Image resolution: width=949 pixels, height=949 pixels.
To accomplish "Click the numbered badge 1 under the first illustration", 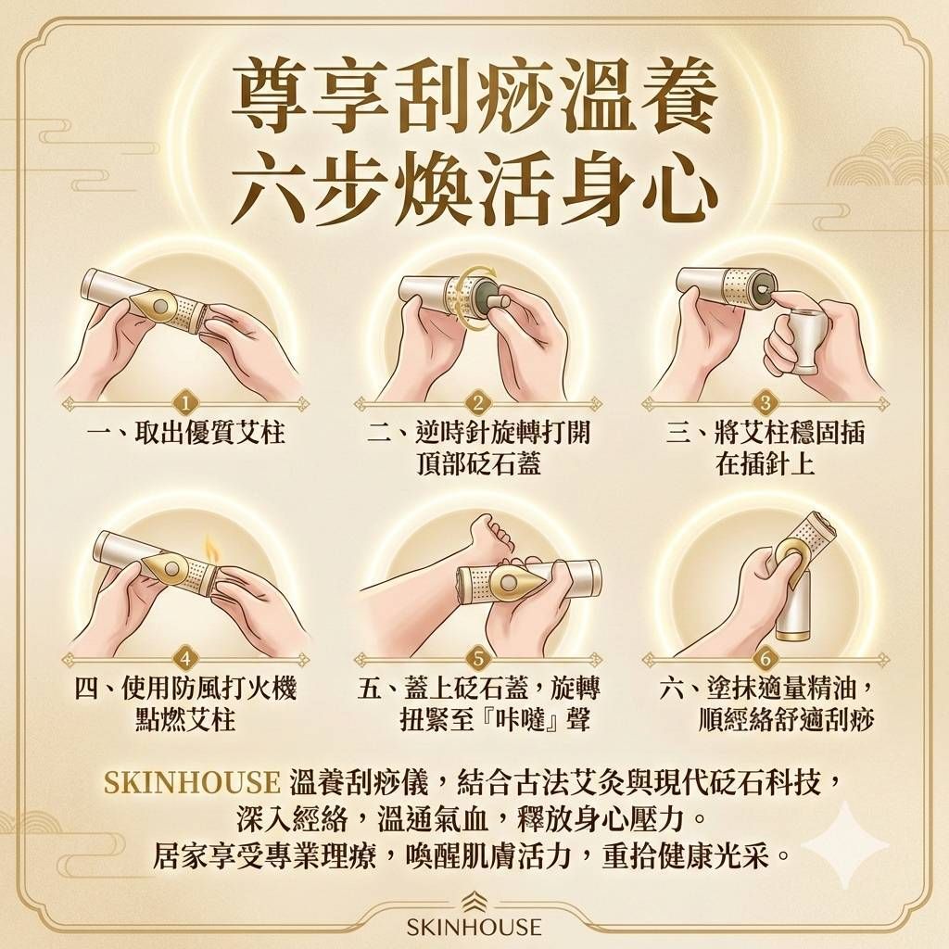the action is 187,403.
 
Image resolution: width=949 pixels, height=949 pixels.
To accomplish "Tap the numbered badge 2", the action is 477,403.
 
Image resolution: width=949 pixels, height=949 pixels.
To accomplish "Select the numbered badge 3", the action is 765,403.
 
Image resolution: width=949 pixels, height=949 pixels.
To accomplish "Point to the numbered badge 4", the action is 187,659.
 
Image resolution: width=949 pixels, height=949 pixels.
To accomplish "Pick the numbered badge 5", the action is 477,659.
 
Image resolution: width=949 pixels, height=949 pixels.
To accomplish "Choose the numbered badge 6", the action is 765,659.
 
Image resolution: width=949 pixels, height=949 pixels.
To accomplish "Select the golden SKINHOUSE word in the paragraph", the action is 192,782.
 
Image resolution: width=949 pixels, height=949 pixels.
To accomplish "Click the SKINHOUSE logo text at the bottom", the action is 474,926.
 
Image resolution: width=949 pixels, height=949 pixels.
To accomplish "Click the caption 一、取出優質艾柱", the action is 185,434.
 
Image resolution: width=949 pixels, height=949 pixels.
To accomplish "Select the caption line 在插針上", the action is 765,464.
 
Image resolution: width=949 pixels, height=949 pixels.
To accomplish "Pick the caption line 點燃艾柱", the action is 185,719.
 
